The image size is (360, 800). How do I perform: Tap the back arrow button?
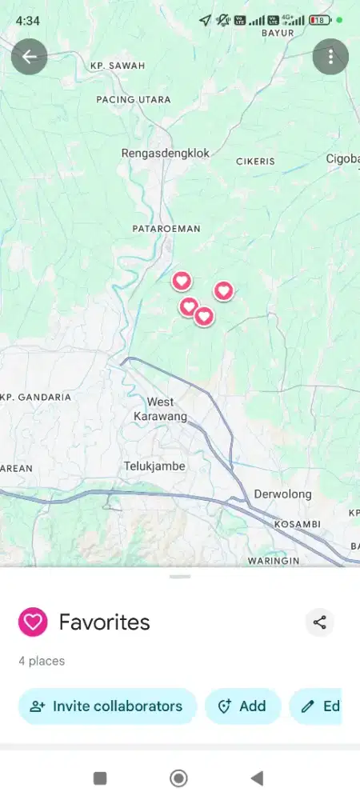tap(30, 57)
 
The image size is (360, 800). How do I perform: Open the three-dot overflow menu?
tap(330, 57)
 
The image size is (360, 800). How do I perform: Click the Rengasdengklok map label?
tap(165, 153)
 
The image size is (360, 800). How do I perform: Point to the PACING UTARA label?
tap(134, 99)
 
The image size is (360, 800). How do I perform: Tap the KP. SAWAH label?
tap(118, 66)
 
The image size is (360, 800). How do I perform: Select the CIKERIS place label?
tap(255, 161)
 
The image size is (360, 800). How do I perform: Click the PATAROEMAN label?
tap(166, 229)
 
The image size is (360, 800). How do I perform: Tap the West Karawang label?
tap(160, 409)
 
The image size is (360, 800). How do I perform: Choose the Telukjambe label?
tap(154, 466)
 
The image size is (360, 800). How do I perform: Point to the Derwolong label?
tap(282, 494)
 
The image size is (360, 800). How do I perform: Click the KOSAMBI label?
tap(297, 524)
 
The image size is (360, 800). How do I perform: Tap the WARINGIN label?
tap(273, 561)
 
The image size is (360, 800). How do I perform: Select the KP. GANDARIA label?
tap(37, 397)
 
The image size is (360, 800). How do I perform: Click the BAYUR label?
tap(278, 34)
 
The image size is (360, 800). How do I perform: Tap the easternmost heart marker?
tap(223, 291)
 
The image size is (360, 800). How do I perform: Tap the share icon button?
tap(320, 622)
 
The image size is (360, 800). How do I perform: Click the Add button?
tap(243, 706)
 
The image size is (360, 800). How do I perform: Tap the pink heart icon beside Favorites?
tap(33, 622)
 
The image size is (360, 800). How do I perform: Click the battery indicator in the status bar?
tap(320, 20)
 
